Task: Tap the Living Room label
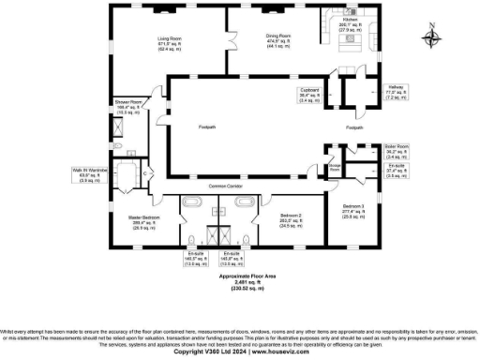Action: pyautogui.click(x=170, y=38)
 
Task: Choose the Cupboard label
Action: pyautogui.click(x=310, y=92)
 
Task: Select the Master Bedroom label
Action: pyautogui.click(x=144, y=218)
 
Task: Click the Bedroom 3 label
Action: pyautogui.click(x=352, y=205)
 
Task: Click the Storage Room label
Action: pyautogui.click(x=334, y=166)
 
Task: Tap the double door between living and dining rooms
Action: pyautogui.click(x=229, y=42)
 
